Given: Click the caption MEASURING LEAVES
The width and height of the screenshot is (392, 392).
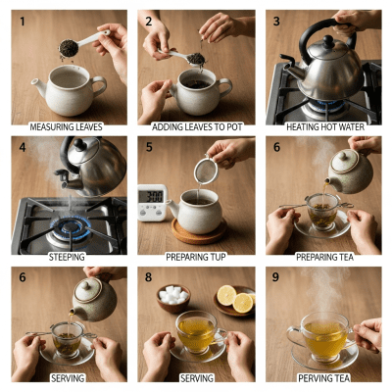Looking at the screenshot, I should point(65,126).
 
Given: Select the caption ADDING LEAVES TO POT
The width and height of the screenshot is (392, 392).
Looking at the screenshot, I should point(196,126).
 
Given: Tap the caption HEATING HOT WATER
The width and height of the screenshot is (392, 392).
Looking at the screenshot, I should point(325,126).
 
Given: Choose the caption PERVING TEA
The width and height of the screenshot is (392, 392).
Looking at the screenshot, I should point(325,376).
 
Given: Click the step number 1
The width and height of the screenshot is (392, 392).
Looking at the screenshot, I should point(20,22).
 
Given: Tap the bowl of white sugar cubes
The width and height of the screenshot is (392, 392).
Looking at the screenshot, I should point(177,296).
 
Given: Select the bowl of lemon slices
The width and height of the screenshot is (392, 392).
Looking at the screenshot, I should point(235,300).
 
